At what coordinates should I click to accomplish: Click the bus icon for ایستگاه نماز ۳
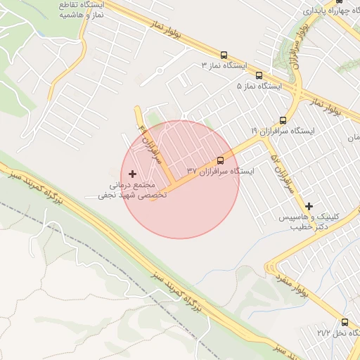tap(224, 55)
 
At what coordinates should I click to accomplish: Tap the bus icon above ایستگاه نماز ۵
tap(259, 75)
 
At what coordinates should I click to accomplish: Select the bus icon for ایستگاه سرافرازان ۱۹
tap(283, 120)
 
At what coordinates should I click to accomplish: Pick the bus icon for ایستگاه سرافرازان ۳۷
tap(221, 160)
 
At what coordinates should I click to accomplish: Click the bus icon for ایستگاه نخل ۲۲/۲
tap(345, 321)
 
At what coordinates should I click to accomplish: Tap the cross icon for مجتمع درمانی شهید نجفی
tap(133, 173)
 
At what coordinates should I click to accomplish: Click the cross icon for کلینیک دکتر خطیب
tap(309, 206)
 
